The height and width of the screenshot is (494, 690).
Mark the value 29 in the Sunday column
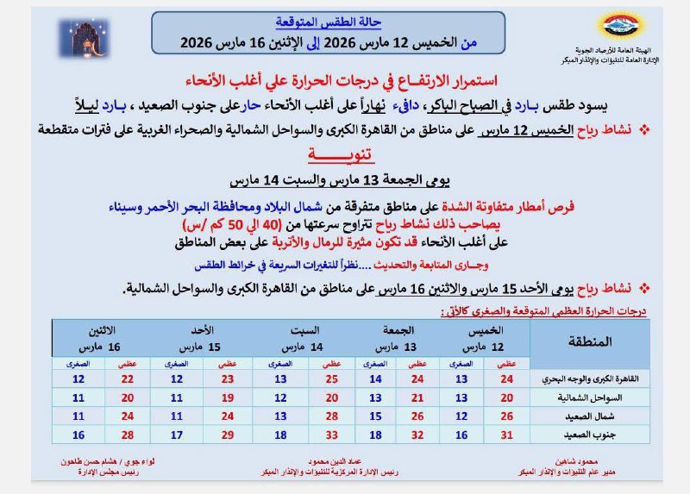(228, 435)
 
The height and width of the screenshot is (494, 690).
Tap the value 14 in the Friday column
(376, 378)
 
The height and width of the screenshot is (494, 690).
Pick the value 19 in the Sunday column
(228, 397)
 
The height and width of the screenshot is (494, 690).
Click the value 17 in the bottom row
(177, 435)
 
